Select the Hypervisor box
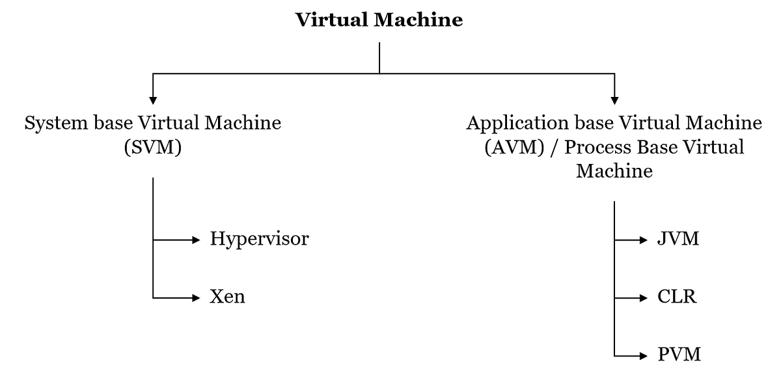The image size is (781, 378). (x=259, y=239)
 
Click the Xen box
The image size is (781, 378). (x=259, y=297)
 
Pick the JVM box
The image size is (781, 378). (x=684, y=239)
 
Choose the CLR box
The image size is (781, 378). (x=684, y=297)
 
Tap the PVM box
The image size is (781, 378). (x=684, y=355)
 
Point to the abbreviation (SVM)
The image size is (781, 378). (x=152, y=148)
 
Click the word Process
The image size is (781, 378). (x=594, y=147)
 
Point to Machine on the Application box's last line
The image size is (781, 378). (x=614, y=171)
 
